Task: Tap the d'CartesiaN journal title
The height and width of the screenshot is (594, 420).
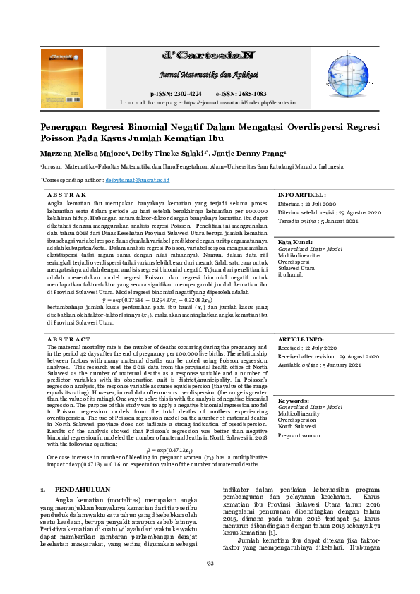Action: click(208, 54)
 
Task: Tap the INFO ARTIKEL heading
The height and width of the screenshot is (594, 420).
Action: click(301, 194)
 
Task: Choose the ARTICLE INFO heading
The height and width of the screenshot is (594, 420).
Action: click(301, 339)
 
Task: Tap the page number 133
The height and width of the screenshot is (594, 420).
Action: click(209, 581)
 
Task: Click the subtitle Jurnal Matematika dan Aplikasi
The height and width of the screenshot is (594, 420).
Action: click(208, 75)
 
